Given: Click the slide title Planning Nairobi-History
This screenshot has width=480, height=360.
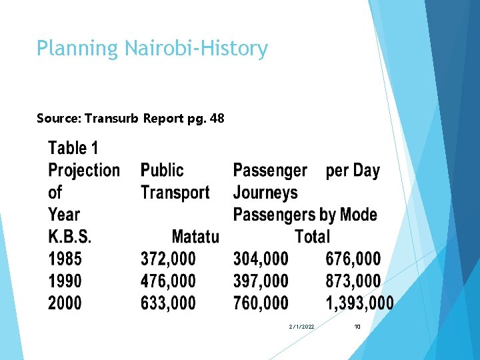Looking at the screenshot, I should tap(152, 49).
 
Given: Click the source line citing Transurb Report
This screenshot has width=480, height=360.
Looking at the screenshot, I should tap(131, 119).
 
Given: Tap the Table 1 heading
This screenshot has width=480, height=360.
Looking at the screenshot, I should tap(73, 148).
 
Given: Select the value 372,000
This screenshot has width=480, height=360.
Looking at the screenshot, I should tap(168, 259).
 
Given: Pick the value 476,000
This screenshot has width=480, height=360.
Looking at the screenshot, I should tap(168, 281).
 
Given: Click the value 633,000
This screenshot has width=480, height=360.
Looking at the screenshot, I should tap(168, 303).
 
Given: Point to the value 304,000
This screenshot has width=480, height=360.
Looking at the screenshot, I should tap(261, 259).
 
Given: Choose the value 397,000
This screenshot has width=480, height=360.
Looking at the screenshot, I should tap(261, 281).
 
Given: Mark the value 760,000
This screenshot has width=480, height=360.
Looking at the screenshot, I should tap(261, 303).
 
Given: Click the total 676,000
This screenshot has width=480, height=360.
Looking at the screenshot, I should tap(353, 259).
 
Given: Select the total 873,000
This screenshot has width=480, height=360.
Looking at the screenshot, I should tap(353, 281).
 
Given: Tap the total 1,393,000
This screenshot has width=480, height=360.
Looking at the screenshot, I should tap(359, 303).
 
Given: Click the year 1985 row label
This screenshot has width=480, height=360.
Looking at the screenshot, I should tap(65, 259).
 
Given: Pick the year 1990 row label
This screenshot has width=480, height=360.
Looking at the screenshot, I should tap(65, 281).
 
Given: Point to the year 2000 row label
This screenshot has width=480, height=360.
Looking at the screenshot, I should tap(65, 303).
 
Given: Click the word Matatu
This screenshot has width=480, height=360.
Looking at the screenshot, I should tap(195, 237).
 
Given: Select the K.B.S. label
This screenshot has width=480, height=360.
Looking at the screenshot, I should tap(70, 237).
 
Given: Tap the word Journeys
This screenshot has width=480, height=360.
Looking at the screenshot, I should tap(265, 193).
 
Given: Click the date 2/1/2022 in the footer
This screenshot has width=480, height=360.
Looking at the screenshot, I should tap(302, 327).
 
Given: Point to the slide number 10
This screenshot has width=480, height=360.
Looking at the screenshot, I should tap(357, 327).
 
